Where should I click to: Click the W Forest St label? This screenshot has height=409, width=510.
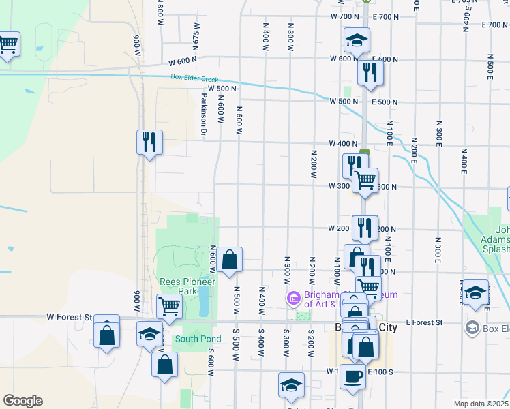69,317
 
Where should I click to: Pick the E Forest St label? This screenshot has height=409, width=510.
424,322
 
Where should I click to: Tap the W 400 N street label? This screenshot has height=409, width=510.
343,144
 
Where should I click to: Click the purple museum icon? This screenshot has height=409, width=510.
293,298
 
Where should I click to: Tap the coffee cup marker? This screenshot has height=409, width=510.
352,376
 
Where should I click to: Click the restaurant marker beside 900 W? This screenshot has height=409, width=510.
149,142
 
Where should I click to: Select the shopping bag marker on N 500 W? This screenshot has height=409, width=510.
230,260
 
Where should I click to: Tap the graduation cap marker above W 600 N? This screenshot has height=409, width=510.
357,40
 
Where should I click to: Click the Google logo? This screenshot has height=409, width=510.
22,401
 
